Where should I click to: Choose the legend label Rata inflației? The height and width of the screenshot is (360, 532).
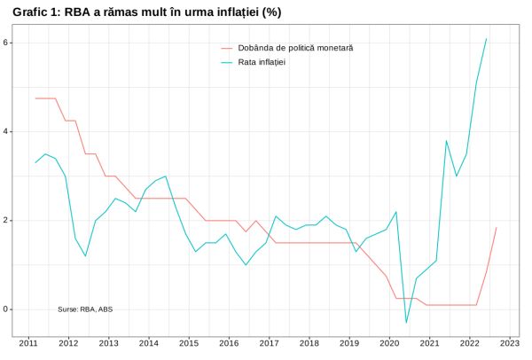tap(262, 62)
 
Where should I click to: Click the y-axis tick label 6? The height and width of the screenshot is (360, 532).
tap(5, 43)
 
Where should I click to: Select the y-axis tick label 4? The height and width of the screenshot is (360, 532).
tap(5, 131)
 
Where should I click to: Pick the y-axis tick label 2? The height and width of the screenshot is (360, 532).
tap(5, 220)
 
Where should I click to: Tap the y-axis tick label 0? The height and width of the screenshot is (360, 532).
tap(5, 309)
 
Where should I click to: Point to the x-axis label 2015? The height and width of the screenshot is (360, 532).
tap(188, 342)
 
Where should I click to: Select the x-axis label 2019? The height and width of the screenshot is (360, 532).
tap(348, 342)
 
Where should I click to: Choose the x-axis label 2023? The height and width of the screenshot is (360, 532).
tap(509, 342)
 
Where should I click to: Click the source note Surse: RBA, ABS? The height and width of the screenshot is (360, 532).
tap(85, 309)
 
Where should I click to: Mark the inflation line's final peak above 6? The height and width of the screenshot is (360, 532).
tap(486, 38)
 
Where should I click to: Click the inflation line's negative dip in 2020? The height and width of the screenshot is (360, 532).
tap(406, 323)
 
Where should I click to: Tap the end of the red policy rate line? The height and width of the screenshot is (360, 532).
tap(497, 228)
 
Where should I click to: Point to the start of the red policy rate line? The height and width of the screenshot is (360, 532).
tap(35, 98)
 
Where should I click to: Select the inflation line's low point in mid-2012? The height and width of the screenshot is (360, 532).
tap(85, 256)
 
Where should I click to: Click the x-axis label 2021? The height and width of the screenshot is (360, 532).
tap(429, 342)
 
